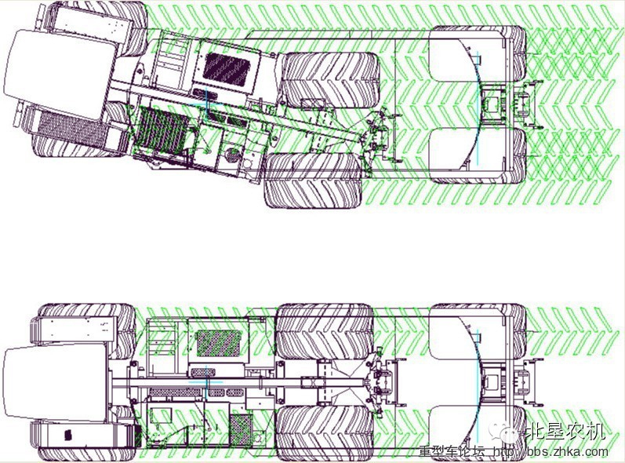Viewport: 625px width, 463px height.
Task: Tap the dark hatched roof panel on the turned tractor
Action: pyautogui.click(x=227, y=68)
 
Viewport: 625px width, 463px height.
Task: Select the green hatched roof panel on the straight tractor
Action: pyautogui.click(x=220, y=344)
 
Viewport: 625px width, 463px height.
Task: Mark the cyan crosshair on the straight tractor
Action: pyautogui.click(x=206, y=381)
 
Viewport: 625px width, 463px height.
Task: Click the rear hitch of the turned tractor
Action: pyautogui.click(x=525, y=105)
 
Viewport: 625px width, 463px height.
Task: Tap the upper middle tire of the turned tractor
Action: pyautogui.click(x=330, y=80)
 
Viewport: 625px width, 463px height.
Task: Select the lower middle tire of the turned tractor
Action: pyautogui.click(x=314, y=180)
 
